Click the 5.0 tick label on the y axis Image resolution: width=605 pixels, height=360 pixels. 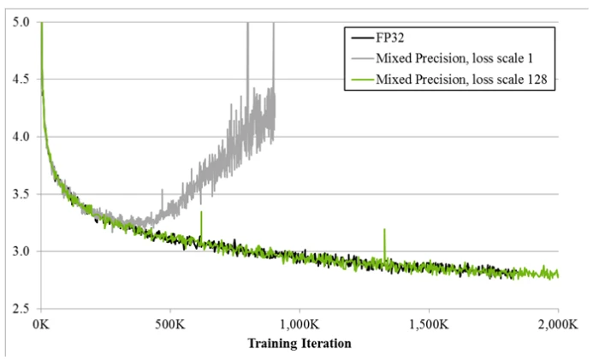21,23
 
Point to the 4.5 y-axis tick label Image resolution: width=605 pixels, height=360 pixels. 21,80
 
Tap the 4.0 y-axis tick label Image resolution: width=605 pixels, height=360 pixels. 21,137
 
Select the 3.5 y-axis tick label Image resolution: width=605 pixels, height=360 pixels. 21,194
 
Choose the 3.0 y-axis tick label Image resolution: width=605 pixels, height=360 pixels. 21,251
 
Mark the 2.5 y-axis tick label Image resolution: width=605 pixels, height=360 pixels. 21,308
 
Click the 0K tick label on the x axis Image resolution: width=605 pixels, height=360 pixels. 41,326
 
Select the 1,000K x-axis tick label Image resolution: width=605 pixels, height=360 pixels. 299,326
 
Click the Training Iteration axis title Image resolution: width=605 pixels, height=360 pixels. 299,344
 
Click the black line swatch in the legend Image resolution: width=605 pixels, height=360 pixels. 359,38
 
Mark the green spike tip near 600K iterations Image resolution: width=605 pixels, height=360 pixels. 201,212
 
